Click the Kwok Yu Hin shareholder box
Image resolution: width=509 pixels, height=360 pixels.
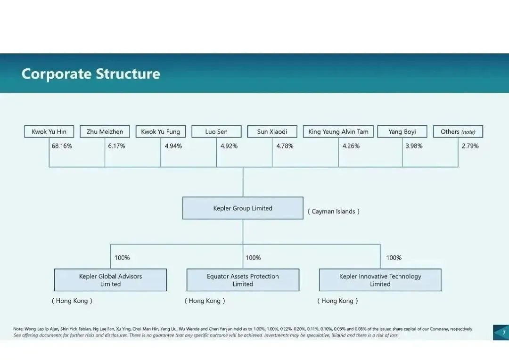point(49,131)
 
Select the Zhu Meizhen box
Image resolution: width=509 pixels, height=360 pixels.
point(105,131)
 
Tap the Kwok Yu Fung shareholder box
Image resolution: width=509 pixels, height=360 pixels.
point(161,131)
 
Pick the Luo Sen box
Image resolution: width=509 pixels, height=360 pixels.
point(216,131)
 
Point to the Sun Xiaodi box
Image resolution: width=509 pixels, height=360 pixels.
point(272,131)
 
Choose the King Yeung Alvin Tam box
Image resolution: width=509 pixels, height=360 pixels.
point(338,131)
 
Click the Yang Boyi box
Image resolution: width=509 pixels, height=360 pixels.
point(402,131)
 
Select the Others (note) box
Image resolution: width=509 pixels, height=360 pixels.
point(458,131)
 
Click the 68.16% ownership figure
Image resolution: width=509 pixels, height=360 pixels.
point(62,146)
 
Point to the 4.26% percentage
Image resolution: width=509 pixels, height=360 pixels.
point(351,146)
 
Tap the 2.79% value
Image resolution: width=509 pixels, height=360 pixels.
point(470,146)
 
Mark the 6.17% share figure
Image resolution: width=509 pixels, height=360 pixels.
point(116,146)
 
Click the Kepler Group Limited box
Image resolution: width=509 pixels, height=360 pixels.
point(243,208)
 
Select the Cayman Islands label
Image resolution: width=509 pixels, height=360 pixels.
point(334,212)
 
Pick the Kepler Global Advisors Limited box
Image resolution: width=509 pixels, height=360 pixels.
point(110,280)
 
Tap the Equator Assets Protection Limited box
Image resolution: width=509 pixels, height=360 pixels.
point(243,280)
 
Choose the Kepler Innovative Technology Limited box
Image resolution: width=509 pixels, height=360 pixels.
point(380,280)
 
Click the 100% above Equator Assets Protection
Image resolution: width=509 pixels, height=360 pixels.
point(253,258)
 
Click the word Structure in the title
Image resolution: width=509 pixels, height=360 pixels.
point(128,74)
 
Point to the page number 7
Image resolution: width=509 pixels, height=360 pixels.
point(503,332)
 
